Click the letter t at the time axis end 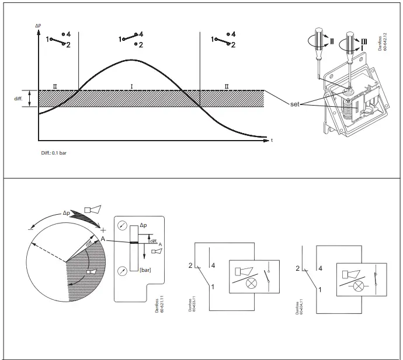[x=272, y=141]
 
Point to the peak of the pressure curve [x=131, y=60]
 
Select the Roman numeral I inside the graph [x=131, y=86]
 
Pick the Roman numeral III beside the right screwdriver [x=363, y=40]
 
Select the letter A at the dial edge [x=102, y=239]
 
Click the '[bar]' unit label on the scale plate [x=145, y=270]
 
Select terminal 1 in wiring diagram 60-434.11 [x=319, y=288]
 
